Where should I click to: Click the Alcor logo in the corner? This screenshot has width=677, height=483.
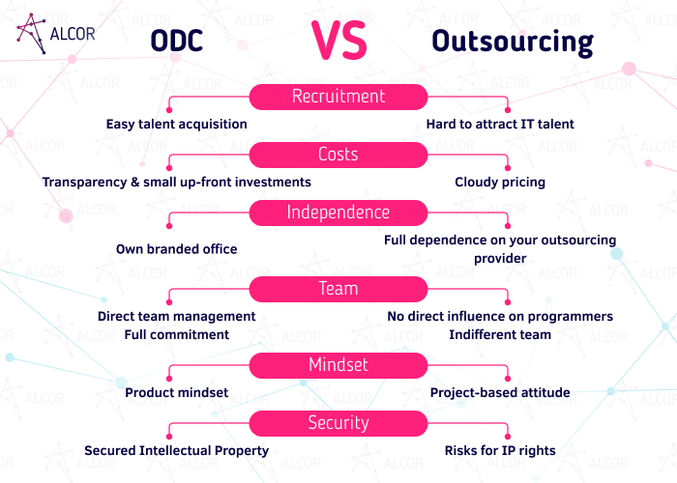(56, 34)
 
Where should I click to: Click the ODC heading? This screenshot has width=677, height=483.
(177, 42)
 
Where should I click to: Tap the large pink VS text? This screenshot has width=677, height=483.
(339, 41)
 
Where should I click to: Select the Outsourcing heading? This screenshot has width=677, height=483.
(513, 43)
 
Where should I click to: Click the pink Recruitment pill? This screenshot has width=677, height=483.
(338, 97)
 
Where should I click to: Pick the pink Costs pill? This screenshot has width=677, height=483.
(338, 155)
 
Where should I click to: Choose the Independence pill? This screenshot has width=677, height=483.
(338, 213)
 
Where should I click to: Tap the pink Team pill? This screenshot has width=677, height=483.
(338, 289)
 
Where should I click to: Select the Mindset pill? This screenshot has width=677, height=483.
(338, 365)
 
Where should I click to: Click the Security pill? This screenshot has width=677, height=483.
(338, 423)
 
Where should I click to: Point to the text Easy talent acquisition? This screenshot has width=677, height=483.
(177, 125)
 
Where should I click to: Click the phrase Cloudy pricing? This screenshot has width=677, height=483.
(500, 182)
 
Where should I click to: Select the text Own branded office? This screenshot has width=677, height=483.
(177, 249)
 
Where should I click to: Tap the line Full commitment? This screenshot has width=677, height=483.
(177, 334)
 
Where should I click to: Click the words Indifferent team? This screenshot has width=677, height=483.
(500, 334)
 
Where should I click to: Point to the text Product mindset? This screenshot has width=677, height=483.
(177, 392)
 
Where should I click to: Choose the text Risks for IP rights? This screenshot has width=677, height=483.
(500, 451)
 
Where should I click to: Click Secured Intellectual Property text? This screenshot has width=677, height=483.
(177, 451)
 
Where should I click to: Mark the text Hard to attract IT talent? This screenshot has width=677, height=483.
(500, 125)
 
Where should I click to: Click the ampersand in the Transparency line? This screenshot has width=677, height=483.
(135, 182)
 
